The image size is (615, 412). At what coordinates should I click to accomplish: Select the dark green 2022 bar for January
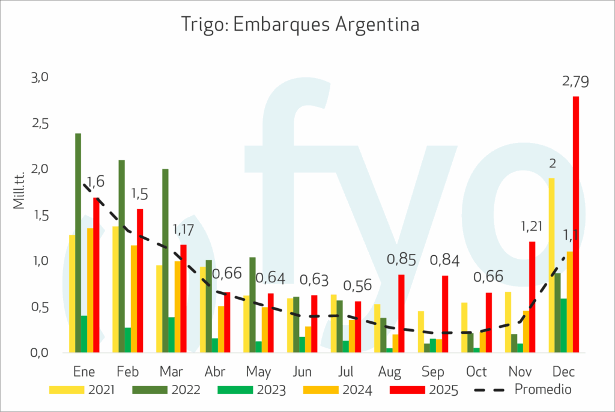pos(78,243)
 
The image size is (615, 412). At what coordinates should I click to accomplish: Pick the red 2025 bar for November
pos(532,297)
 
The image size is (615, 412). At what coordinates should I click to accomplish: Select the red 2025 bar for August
pos(401,313)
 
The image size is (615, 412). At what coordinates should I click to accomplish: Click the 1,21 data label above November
pos(532,227)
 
